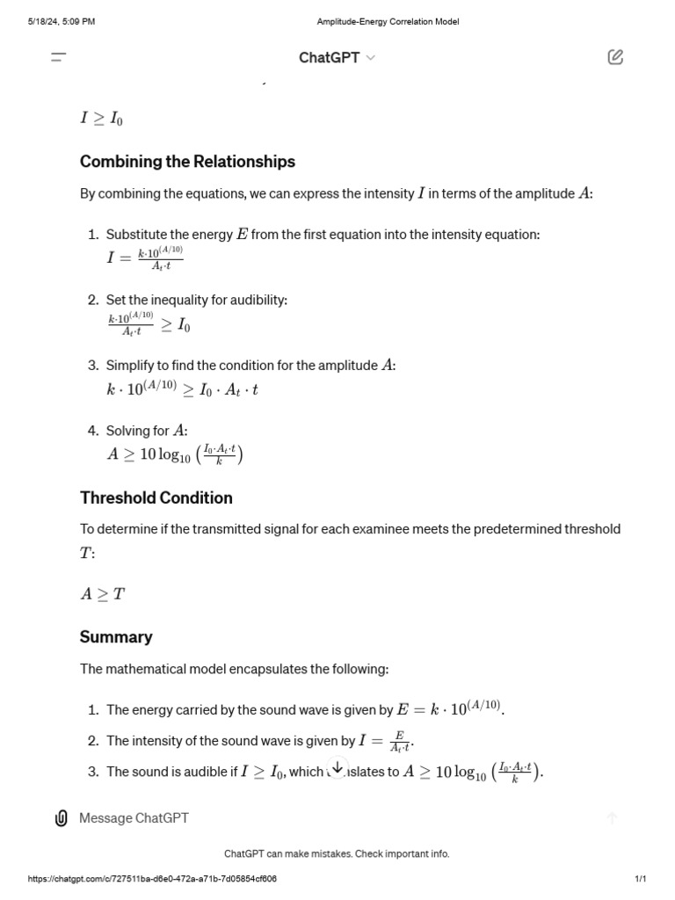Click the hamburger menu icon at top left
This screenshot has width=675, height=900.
click(59, 57)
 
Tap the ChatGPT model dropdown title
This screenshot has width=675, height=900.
click(337, 57)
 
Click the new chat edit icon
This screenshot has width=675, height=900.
click(615, 57)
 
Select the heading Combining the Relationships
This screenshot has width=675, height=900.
click(187, 162)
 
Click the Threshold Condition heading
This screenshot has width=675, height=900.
click(156, 497)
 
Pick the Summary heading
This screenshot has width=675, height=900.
click(116, 636)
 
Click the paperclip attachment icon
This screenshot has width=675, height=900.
click(62, 818)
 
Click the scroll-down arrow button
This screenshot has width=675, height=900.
click(337, 767)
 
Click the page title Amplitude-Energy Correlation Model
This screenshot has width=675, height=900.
click(388, 22)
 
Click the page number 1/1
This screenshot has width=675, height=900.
click(640, 879)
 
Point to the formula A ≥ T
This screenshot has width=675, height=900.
click(103, 594)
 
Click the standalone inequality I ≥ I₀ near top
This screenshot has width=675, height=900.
click(101, 119)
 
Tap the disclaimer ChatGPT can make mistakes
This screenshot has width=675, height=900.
click(337, 853)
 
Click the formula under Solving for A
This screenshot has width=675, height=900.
click(174, 454)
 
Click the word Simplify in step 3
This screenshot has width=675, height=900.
click(132, 365)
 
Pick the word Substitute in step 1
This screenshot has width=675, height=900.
click(137, 235)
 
